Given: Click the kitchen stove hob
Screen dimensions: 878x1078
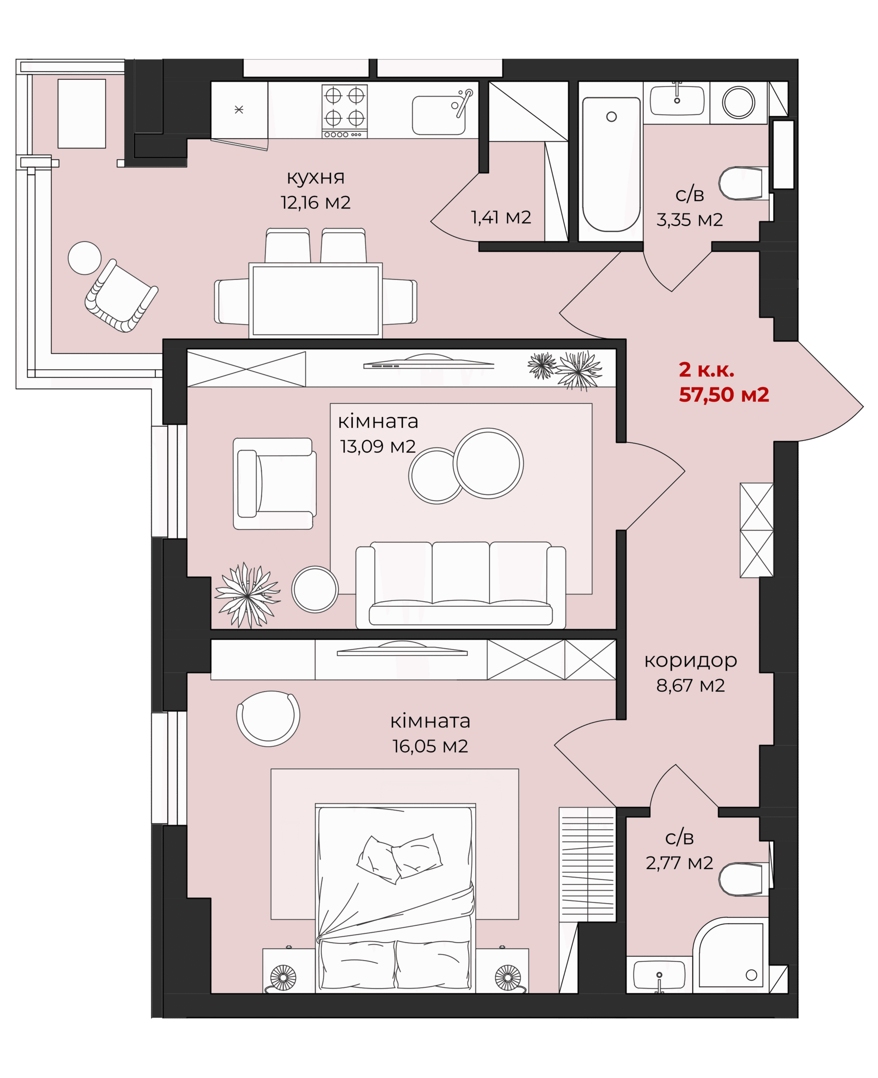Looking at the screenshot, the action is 345,111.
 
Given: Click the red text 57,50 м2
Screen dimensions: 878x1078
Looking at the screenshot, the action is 724,395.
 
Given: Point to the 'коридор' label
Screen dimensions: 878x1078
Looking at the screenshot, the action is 690,660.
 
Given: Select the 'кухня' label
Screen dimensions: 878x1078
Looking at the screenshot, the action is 316,178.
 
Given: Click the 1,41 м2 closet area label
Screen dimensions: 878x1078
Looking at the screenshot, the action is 501,218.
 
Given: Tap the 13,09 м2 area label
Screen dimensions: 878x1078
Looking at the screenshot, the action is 378,446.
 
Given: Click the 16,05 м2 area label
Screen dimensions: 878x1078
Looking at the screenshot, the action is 430,747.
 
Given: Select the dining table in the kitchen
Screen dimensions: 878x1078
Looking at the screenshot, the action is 316,300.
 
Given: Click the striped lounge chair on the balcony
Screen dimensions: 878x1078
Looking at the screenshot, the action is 122,296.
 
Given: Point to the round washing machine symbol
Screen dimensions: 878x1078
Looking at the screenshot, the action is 738,102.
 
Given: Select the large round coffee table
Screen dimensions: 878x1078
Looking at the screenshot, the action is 488,464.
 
